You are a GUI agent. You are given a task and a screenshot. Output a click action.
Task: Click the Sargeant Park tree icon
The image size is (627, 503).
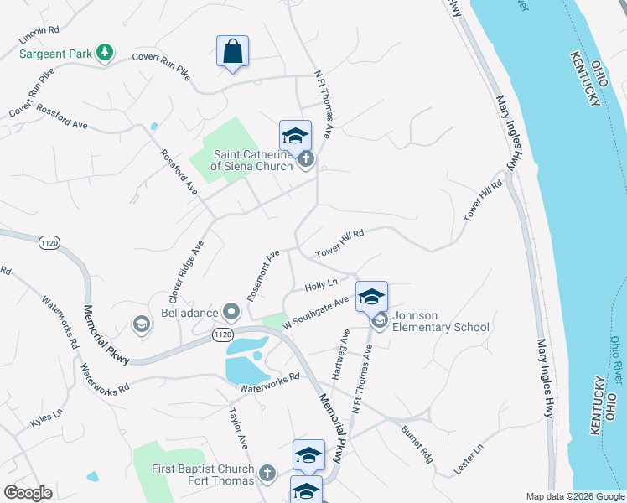click(x=105, y=53)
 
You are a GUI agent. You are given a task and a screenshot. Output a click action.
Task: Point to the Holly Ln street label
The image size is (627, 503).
click(x=320, y=286)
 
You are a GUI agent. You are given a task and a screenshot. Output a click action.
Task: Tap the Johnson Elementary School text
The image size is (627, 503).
click(x=440, y=322)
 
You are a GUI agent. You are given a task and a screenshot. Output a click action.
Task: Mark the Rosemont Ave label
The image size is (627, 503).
click(x=262, y=276)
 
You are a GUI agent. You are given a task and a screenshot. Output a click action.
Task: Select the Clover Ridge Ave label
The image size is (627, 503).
click(x=186, y=272)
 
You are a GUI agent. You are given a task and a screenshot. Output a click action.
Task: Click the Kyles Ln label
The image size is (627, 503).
click(x=46, y=414)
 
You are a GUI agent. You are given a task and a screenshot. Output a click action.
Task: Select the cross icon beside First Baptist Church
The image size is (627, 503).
click(x=267, y=474)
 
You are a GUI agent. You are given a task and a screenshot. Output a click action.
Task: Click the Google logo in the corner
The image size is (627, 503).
click(x=28, y=493)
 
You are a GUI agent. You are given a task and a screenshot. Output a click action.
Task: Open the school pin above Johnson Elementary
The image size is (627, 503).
click(x=371, y=297)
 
